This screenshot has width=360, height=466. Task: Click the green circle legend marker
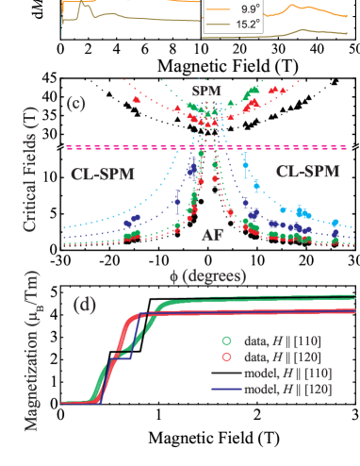tap(226, 340)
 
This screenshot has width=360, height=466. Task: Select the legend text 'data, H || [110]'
tap(287, 340)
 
